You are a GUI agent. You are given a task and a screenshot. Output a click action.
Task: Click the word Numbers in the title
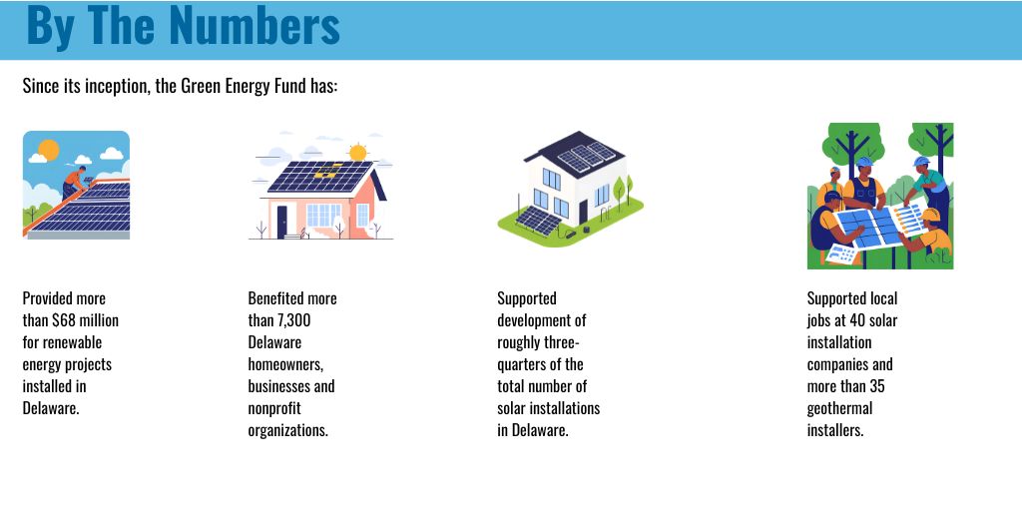[255, 26]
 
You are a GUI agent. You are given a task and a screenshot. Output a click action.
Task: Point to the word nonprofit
[274, 408]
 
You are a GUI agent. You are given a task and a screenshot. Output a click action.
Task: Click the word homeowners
[285, 364]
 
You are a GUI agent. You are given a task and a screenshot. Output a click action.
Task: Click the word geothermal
[839, 408]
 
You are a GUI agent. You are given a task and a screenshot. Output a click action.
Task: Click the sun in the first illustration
[47, 151]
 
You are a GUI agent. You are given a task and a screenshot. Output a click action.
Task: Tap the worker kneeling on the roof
[74, 181]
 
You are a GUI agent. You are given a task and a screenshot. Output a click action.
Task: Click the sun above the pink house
[357, 152]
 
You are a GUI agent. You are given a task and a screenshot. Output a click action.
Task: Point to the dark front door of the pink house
[282, 219]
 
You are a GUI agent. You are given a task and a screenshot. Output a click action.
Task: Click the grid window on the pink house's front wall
[323, 215]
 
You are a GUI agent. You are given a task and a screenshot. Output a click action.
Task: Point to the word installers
[834, 430]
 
